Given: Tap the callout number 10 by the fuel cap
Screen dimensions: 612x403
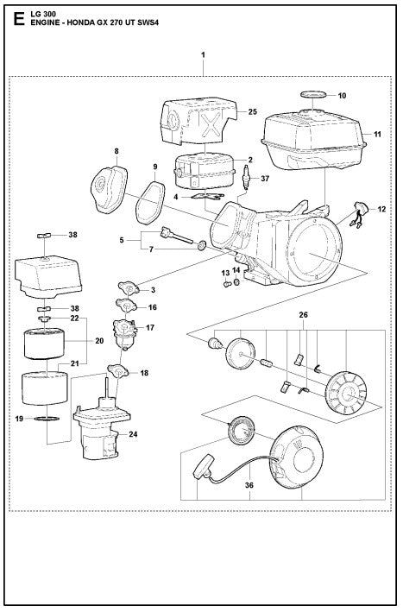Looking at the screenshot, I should click(x=340, y=95).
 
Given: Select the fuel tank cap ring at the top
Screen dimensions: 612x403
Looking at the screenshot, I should click(x=312, y=93).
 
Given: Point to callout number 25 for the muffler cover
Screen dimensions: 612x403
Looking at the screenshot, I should click(x=253, y=112).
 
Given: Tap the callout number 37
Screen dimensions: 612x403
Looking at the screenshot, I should click(x=265, y=180).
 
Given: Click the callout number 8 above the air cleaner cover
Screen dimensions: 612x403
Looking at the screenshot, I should click(x=116, y=152).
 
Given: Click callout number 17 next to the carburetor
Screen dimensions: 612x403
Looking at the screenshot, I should click(x=150, y=327).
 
